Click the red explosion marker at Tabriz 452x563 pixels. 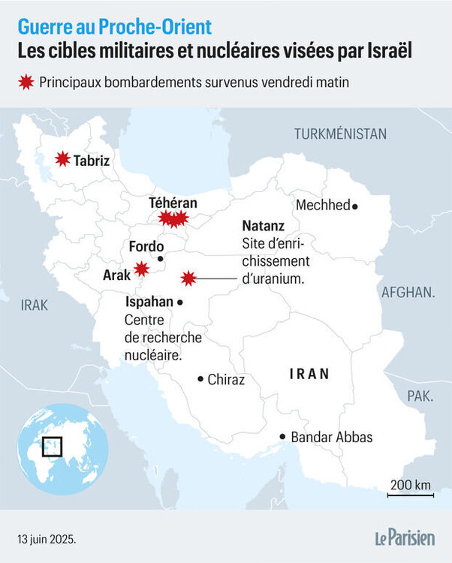pyautogui.click(x=62, y=159)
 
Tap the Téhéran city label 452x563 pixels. pyautogui.click(x=172, y=203)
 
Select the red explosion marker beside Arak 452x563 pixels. pyautogui.click(x=140, y=268)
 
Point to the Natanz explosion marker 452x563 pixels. pyautogui.click(x=188, y=278)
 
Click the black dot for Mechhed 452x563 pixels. pyautogui.click(x=355, y=206)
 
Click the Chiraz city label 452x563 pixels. pyautogui.click(x=226, y=380)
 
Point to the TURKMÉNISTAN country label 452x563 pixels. pyautogui.click(x=340, y=134)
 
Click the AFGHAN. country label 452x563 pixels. pyautogui.click(x=408, y=293)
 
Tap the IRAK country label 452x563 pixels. pyautogui.click(x=34, y=305)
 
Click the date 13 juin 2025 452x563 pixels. pyautogui.click(x=47, y=539)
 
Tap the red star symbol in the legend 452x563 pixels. pyautogui.click(x=26, y=82)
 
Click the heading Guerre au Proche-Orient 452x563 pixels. pyautogui.click(x=115, y=27)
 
